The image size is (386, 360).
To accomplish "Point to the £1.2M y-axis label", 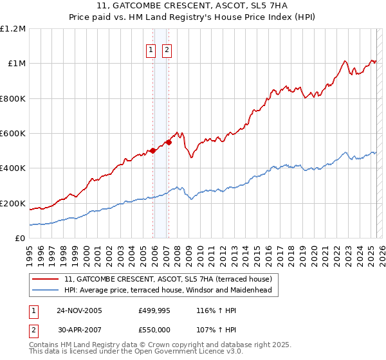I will [13, 28].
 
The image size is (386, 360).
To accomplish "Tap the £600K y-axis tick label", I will [13, 133].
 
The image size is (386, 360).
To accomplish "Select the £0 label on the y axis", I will [20, 238].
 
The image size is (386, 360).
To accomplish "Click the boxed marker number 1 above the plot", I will [151, 50].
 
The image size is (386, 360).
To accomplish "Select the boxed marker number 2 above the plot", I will [167, 50].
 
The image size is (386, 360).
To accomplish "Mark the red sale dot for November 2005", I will [153, 151].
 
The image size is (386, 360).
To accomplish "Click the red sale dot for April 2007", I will [169, 142].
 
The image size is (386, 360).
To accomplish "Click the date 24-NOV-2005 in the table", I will [80, 310].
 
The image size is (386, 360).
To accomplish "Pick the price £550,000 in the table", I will [154, 329].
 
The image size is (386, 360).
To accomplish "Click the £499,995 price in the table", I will [154, 310].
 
